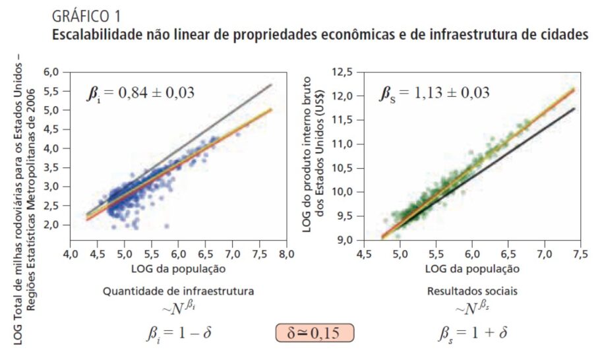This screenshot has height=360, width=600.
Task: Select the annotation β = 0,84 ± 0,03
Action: tap(142, 92)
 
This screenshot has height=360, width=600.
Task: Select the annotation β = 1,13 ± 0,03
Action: tap(435, 92)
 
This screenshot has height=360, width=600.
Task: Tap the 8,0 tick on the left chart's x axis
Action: tap(285, 254)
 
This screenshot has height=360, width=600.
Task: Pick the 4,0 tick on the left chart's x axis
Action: tap(70, 254)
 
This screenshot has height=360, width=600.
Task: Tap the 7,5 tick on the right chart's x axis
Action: tap(580, 254)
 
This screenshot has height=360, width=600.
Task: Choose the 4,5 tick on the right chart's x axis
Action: tap(363, 254)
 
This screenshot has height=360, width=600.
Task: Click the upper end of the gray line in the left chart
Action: tap(271, 85)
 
